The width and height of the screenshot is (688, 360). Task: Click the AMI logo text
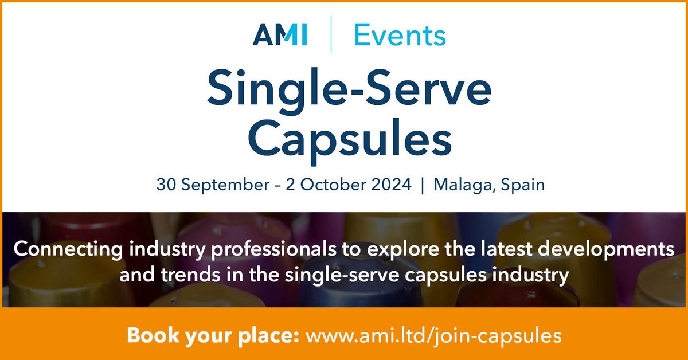pyautogui.click(x=280, y=36)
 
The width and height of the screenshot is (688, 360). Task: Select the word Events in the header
pyautogui.click(x=400, y=36)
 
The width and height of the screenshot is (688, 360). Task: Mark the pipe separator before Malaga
pyautogui.click(x=423, y=186)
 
